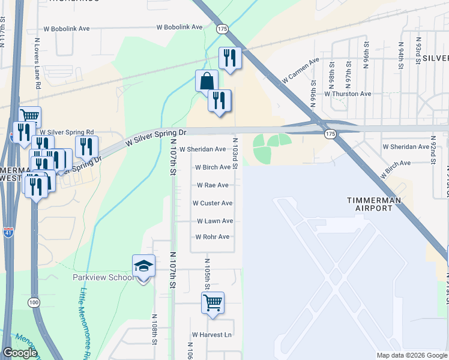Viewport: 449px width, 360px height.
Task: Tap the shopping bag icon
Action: point(206,81)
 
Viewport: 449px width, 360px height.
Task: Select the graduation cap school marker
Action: point(143,266)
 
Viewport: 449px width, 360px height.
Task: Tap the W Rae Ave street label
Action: point(212,185)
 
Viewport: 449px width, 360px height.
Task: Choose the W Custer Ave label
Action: point(212,203)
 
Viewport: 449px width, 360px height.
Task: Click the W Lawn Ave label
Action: point(214,221)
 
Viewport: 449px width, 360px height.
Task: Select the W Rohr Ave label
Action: point(212,237)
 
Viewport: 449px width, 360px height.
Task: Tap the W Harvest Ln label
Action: point(212,334)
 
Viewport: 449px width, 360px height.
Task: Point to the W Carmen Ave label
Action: point(301,71)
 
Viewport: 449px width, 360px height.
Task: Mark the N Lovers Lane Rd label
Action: point(37,64)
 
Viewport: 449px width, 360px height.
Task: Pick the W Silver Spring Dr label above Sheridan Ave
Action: point(156,137)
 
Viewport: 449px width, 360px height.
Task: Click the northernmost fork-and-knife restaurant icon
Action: point(229,58)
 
